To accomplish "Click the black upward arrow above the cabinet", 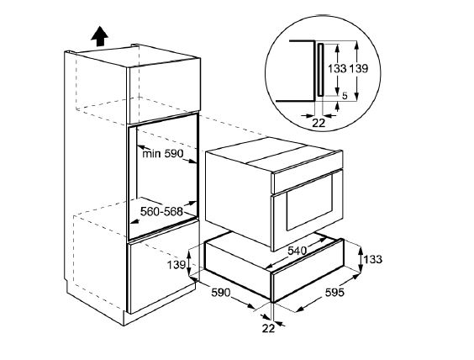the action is point(99,37).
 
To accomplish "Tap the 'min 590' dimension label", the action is point(163,154).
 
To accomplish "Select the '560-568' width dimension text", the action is point(161,211).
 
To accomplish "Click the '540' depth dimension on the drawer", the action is point(297,251).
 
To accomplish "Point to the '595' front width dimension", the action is point(334,292).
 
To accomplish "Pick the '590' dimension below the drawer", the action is point(221,293).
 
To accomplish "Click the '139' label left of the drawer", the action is point(176,265).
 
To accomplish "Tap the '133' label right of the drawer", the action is point(373,259).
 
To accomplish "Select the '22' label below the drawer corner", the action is point(268,328).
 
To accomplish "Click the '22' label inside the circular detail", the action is point(319,123).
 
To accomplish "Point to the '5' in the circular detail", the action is point(345,96).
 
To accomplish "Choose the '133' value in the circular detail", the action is point(337,69).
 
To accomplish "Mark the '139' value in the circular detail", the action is point(359,69).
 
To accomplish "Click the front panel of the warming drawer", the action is point(308,270).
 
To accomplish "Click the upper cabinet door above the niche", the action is point(165,91).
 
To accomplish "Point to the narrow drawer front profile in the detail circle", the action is point(320,70).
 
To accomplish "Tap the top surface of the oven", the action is point(274,154).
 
